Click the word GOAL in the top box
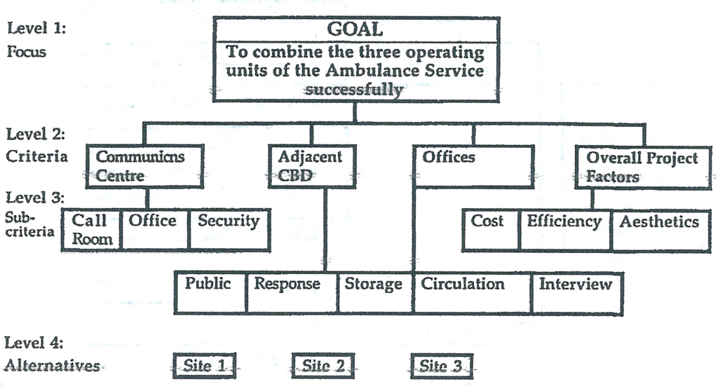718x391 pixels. (x=355, y=29)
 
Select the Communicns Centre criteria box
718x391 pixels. (x=144, y=166)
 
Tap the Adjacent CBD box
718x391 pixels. (x=312, y=166)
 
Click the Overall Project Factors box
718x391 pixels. (x=643, y=167)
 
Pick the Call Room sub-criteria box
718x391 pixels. (x=91, y=229)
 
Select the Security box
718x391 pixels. (x=229, y=229)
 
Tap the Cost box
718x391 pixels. (x=490, y=229)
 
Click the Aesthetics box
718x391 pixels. (x=659, y=229)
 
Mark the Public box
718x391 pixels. (x=210, y=291)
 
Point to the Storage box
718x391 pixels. (x=373, y=291)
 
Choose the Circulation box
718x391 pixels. (x=471, y=291)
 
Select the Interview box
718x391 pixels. (x=576, y=291)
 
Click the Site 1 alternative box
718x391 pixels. (x=203, y=366)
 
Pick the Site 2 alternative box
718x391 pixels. (x=323, y=366)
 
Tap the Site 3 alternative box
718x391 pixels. (x=441, y=366)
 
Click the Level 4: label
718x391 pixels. (x=34, y=343)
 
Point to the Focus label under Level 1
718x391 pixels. (x=27, y=51)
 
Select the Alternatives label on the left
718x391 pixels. (x=52, y=366)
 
